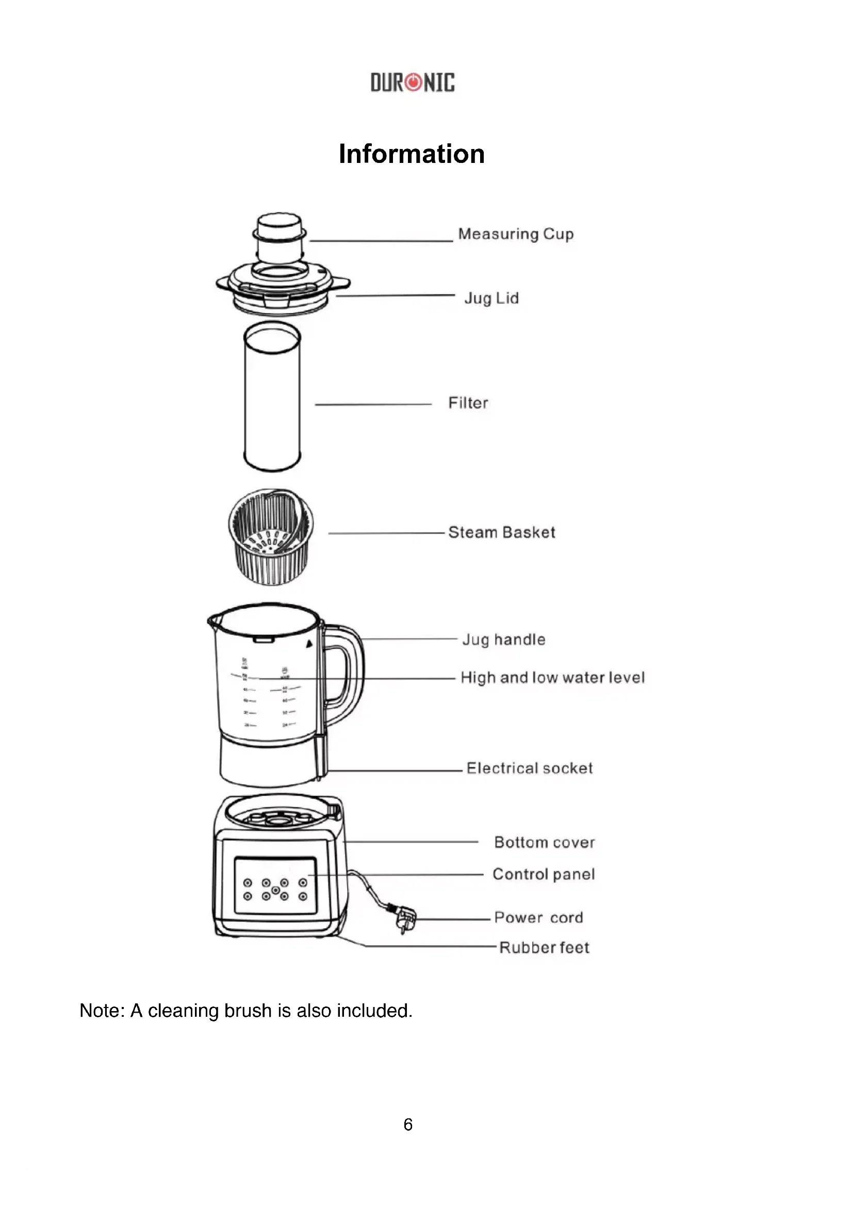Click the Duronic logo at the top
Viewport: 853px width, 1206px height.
point(413,82)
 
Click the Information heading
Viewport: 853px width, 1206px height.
point(411,154)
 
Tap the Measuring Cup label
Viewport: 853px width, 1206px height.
point(515,234)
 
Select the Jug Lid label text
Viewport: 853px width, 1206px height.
point(491,299)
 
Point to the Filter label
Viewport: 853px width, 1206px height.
point(468,403)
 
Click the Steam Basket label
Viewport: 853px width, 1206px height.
point(501,532)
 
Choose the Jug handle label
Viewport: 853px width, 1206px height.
point(503,639)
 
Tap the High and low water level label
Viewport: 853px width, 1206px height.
point(552,678)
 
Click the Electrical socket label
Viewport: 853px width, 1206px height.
point(529,768)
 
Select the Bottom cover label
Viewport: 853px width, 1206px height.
point(544,842)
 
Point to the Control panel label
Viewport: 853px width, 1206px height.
point(543,874)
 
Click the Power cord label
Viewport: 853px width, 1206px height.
point(538,918)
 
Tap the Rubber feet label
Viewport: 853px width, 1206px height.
point(544,948)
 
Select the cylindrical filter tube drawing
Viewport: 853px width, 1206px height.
point(272,397)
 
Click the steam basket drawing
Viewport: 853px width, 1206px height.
point(271,537)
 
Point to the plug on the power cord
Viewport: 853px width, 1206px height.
point(405,920)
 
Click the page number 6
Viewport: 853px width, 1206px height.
point(407,1124)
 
